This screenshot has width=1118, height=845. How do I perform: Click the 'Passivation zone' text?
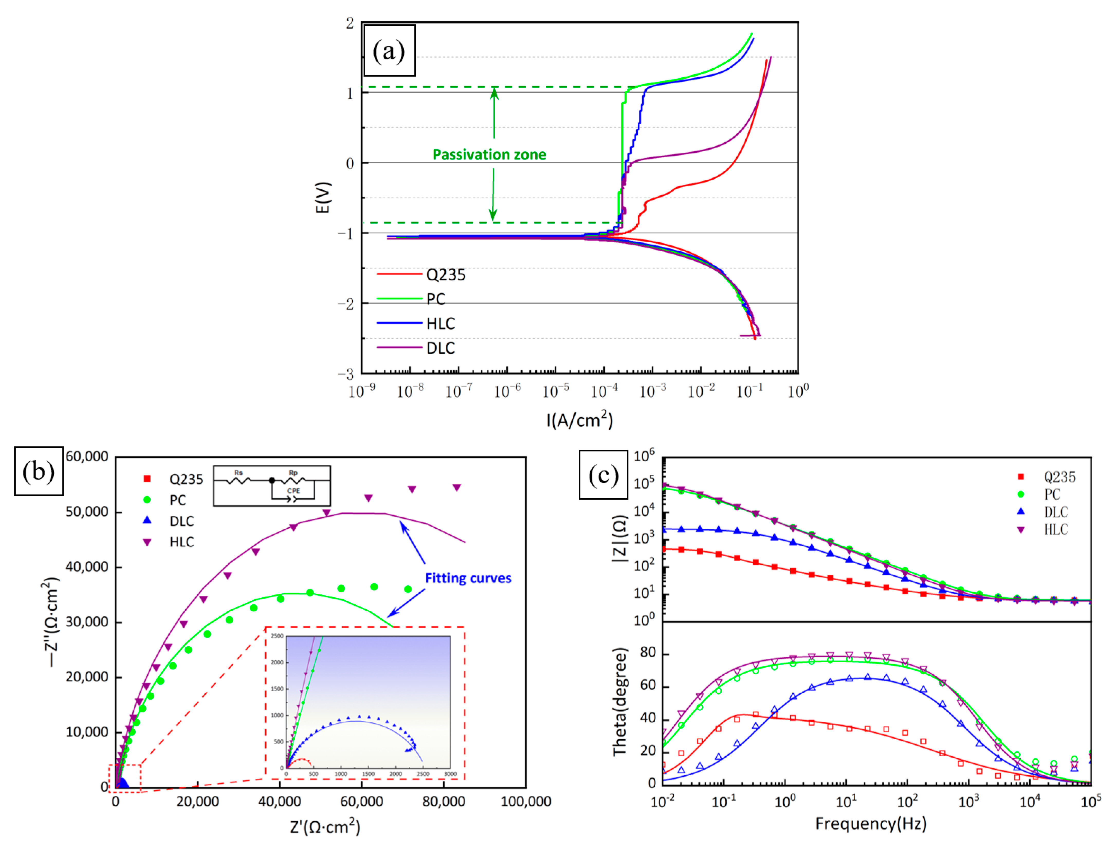click(489, 155)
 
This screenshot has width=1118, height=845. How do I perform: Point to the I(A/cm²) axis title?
click(579, 420)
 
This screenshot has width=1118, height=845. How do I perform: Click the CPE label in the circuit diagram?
click(293, 491)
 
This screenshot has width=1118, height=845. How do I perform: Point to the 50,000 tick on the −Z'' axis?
click(87, 512)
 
